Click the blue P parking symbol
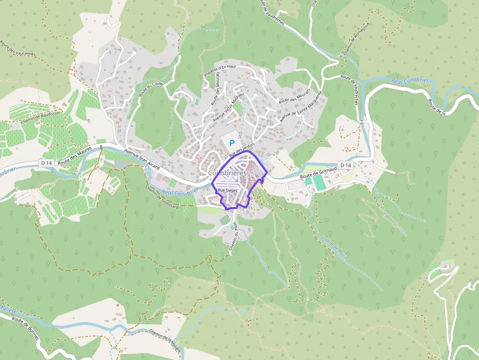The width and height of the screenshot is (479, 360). (x=232, y=143)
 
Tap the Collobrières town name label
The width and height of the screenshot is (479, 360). (x=227, y=173)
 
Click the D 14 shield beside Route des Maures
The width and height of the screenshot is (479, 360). (x=46, y=163)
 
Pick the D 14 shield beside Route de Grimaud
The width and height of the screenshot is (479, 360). (x=346, y=166)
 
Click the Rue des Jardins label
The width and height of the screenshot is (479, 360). (x=243, y=147)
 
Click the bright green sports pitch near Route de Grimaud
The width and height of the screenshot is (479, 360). (x=318, y=183)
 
